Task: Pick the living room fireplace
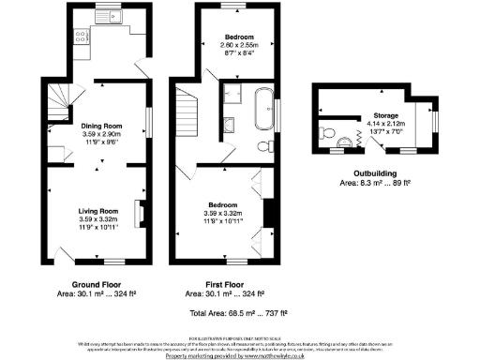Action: point(141,214)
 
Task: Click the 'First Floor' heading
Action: point(230,283)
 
